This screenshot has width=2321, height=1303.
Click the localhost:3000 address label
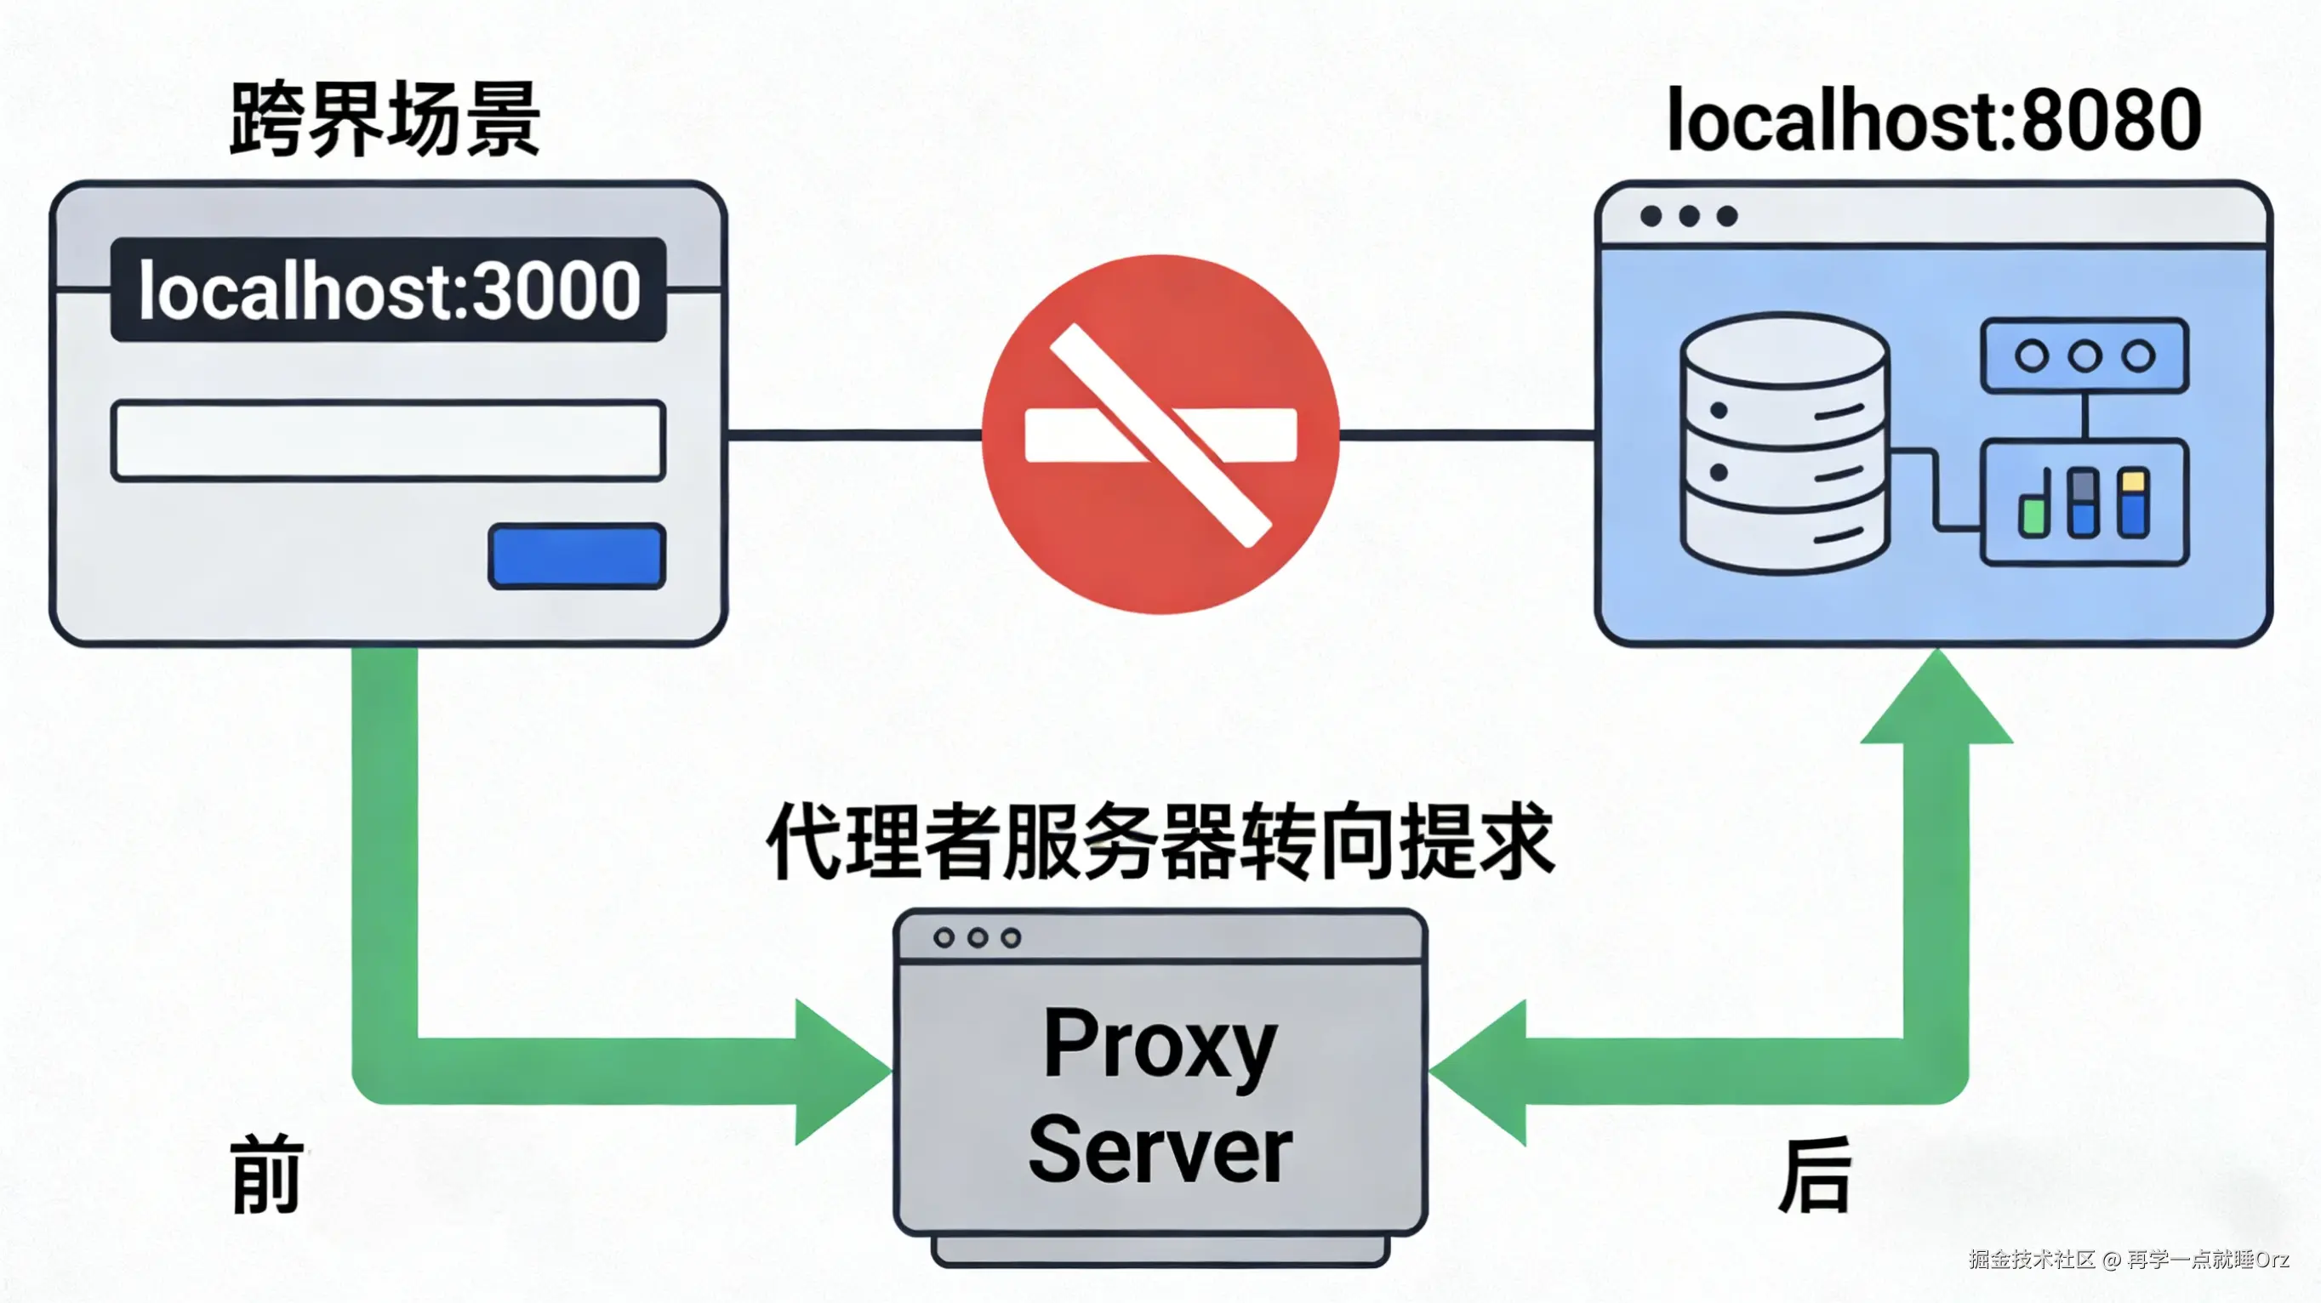[x=388, y=290]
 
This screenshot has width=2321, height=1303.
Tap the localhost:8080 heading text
[x=1934, y=120]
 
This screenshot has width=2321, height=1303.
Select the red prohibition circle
[x=1160, y=434]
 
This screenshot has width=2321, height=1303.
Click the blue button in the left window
[x=577, y=556]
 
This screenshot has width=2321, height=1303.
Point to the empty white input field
[x=388, y=441]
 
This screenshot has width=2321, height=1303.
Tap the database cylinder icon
[x=1784, y=443]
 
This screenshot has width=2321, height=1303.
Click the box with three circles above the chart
[x=2084, y=356]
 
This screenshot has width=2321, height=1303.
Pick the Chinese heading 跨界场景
[x=385, y=120]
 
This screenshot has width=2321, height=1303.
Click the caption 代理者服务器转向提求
[x=1160, y=842]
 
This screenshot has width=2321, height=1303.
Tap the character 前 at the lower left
[x=265, y=1175]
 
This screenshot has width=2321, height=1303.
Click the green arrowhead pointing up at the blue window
[x=1936, y=703]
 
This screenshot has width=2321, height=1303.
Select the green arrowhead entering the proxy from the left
[x=838, y=1072]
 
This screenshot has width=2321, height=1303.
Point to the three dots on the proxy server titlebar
[x=977, y=938]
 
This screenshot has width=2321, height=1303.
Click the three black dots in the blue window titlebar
[x=1689, y=216]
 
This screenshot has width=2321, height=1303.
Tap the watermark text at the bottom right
[x=2128, y=1259]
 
